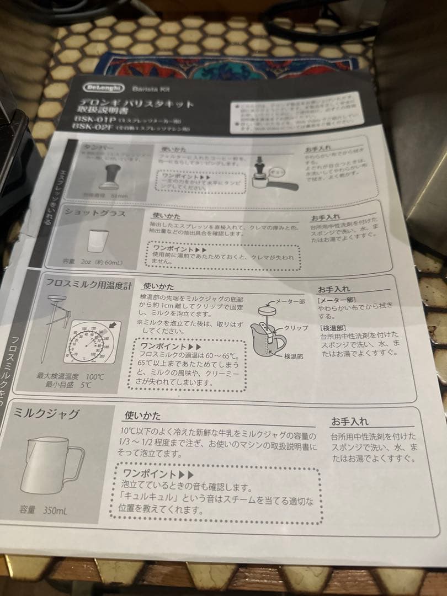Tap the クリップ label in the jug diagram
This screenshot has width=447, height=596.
[295, 327]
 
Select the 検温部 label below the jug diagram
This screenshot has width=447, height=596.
[292, 357]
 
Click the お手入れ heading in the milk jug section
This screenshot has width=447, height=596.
[349, 422]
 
